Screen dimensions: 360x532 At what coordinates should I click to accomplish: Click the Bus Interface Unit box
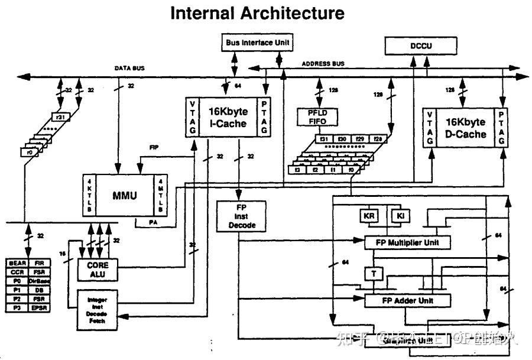[x=259, y=43]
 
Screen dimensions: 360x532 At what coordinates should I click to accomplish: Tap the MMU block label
[x=125, y=194]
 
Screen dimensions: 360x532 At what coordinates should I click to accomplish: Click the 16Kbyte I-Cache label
[x=227, y=117]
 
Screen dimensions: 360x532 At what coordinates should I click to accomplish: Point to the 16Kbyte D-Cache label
[x=465, y=128]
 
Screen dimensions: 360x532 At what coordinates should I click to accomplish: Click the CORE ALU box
[x=96, y=270]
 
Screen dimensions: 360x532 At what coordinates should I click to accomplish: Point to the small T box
[x=374, y=274]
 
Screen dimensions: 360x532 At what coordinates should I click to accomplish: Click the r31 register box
[x=60, y=117]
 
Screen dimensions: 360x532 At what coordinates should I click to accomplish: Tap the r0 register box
[x=28, y=153]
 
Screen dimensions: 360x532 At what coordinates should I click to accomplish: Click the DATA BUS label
[x=129, y=69]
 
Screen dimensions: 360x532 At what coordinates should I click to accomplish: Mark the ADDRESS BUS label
[x=323, y=64]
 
